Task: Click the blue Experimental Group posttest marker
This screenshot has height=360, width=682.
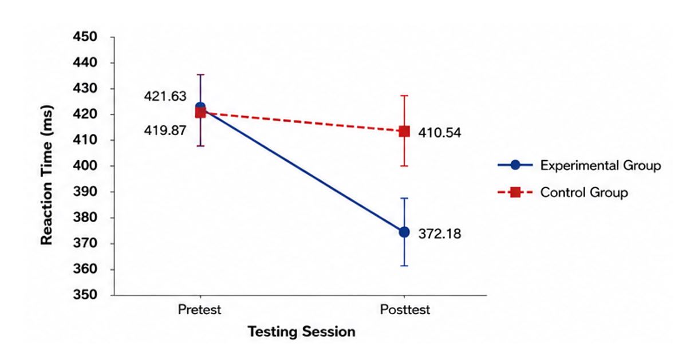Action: point(404,232)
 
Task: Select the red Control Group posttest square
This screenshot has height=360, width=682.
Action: point(404,131)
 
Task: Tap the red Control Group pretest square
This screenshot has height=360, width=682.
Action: point(200,113)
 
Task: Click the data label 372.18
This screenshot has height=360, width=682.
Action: point(439,234)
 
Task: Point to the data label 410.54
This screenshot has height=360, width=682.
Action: point(439,133)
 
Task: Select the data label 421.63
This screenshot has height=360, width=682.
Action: point(165,96)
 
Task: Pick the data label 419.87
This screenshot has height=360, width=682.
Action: point(165,130)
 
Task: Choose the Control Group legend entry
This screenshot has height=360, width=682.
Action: point(563,192)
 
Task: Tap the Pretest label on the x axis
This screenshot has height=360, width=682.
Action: point(200,310)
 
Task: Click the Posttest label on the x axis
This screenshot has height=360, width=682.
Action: point(405,310)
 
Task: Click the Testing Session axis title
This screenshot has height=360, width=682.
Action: point(301,332)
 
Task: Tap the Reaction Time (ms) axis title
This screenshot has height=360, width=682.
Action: point(46,175)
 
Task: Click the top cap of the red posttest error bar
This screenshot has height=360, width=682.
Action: point(404,95)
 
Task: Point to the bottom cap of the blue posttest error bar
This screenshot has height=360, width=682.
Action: point(404,266)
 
